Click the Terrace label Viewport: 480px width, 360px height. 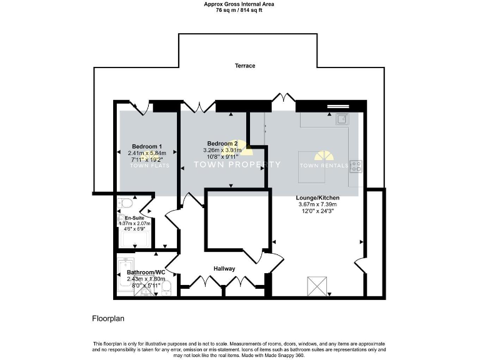tap(245, 66)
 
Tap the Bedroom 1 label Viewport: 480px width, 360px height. tap(142, 146)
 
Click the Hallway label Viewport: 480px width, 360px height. tap(224, 269)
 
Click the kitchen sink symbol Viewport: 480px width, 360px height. tap(341, 119)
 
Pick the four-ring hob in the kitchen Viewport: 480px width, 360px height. tap(356, 166)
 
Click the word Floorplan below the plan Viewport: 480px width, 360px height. tap(108, 318)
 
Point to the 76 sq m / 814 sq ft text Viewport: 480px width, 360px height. tap(239, 11)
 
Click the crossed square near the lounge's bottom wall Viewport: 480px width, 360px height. tap(315, 286)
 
